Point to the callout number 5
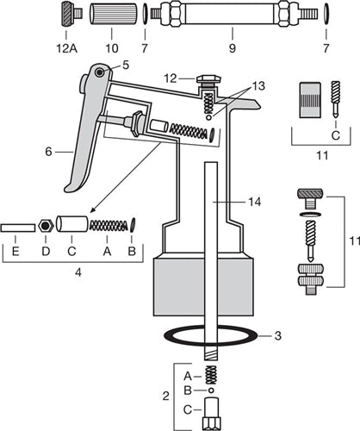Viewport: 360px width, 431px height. [x=126, y=65]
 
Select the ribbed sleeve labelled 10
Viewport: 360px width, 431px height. [x=113, y=15]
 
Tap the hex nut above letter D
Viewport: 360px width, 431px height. [x=46, y=226]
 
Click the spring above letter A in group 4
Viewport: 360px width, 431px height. [x=108, y=226]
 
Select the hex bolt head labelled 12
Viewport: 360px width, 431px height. [x=206, y=79]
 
